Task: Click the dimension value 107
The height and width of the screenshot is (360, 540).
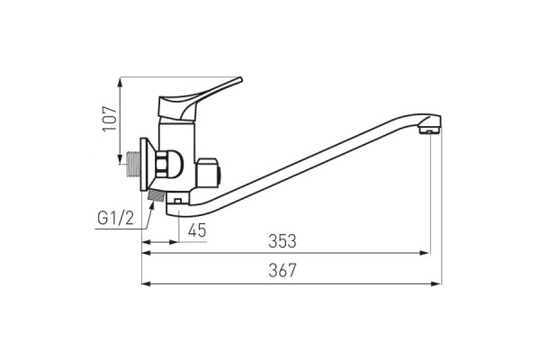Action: (x=109, y=117)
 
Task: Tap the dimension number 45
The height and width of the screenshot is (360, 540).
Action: (x=196, y=231)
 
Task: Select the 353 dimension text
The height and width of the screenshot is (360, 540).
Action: (x=282, y=241)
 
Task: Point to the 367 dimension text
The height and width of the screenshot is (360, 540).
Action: (x=282, y=271)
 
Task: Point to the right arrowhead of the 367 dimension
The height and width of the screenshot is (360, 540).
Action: (x=437, y=283)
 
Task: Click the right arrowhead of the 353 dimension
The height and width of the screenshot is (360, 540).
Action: (x=426, y=254)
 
